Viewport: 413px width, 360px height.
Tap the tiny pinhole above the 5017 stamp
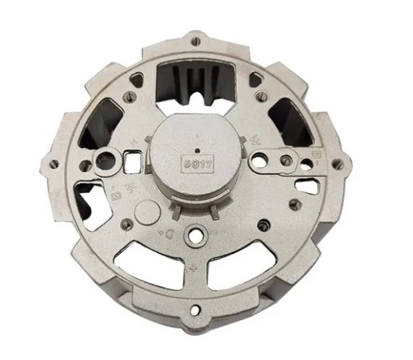(197, 136)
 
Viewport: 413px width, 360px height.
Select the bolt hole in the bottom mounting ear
(195, 311)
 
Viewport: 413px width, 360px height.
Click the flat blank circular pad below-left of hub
(146, 212)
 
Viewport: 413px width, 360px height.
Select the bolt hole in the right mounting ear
(335, 164)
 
